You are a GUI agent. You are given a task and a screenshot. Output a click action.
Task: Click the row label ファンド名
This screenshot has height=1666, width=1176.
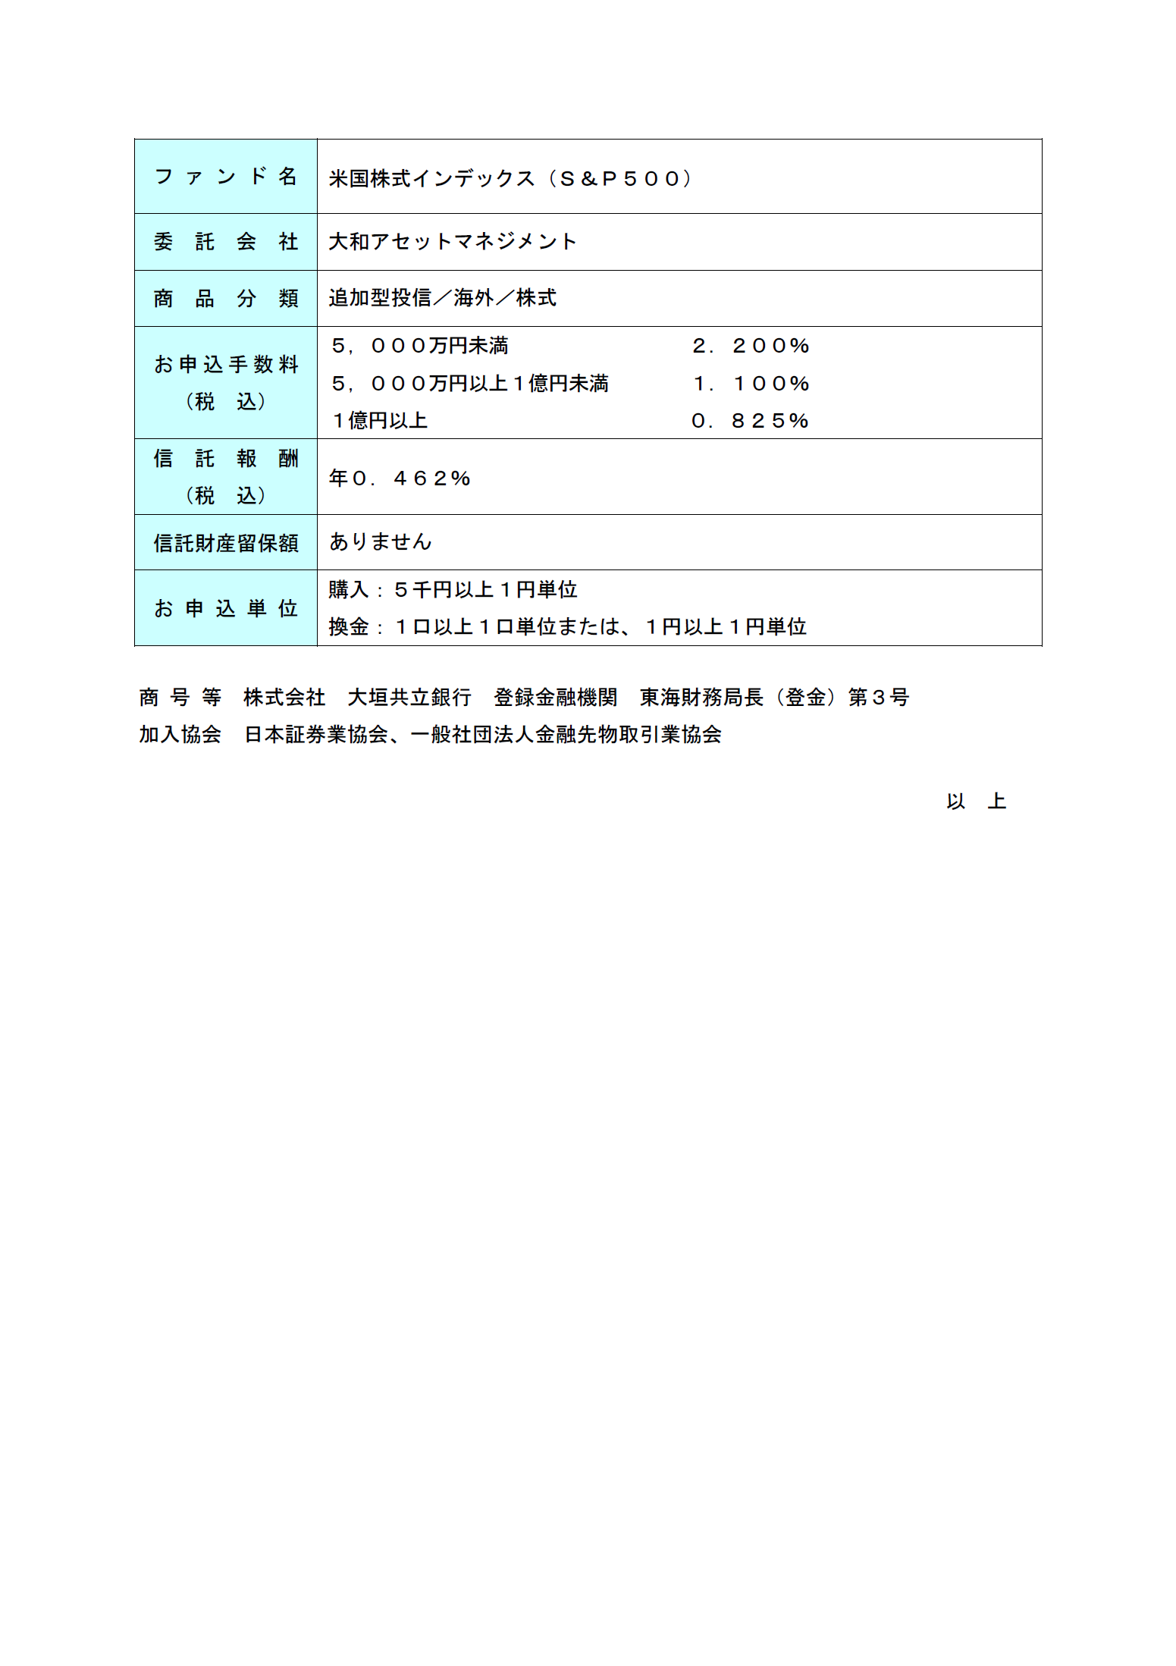pyautogui.click(x=225, y=177)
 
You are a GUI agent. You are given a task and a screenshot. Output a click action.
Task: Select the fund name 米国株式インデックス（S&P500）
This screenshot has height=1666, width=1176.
pyautogui.click(x=510, y=179)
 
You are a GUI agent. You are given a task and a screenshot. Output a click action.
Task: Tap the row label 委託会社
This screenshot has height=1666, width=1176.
pyautogui.click(x=225, y=242)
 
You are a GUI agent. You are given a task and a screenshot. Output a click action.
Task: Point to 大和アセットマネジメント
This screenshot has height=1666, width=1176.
pyautogui.click(x=453, y=242)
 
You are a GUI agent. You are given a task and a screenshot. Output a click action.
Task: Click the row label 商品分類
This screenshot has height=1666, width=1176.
pyautogui.click(x=225, y=299)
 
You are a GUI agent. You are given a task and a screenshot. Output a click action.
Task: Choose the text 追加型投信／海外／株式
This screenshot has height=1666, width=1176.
pyautogui.click(x=442, y=298)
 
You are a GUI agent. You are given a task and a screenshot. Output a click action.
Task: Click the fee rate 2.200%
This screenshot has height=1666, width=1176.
pyautogui.click(x=751, y=347)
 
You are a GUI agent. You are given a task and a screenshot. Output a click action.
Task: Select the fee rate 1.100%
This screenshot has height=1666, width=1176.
pyautogui.click(x=751, y=384)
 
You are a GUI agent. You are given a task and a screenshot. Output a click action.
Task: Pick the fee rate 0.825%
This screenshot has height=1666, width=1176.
pyautogui.click(x=750, y=421)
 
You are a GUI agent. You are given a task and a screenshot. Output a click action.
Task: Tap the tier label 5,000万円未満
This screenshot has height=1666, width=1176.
pyautogui.click(x=419, y=347)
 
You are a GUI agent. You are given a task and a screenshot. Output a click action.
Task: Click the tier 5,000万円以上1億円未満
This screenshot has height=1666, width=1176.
pyautogui.click(x=469, y=384)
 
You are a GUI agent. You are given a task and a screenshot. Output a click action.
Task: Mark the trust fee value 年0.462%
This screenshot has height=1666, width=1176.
pyautogui.click(x=400, y=478)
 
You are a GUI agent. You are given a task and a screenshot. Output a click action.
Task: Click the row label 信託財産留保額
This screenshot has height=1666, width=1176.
pyautogui.click(x=225, y=543)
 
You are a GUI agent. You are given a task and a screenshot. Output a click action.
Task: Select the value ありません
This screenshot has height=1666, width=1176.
pyautogui.click(x=380, y=542)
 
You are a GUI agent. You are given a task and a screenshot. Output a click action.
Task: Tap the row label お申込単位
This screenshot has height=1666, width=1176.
pyautogui.click(x=225, y=608)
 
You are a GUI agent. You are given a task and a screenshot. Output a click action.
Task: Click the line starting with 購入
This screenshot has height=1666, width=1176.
pyautogui.click(x=453, y=590)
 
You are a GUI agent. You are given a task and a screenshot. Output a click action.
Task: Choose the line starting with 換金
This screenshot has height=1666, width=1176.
pyautogui.click(x=567, y=627)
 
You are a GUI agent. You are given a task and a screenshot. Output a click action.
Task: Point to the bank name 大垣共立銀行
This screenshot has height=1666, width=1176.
pyautogui.click(x=409, y=698)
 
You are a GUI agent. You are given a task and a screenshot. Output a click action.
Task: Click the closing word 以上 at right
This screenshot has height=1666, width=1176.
pyautogui.click(x=975, y=802)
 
